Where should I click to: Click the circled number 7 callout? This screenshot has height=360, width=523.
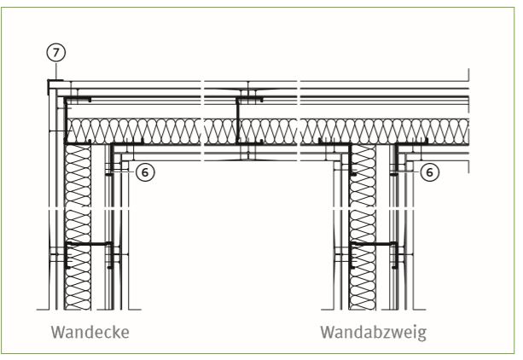(x=55, y=52)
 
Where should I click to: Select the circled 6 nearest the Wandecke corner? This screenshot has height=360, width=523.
(x=145, y=172)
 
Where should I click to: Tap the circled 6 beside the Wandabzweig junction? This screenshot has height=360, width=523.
(x=430, y=172)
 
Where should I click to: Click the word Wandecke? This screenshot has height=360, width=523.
(x=90, y=332)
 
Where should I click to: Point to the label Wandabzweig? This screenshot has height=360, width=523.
(x=373, y=333)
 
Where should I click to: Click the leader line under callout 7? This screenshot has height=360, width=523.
(x=56, y=71)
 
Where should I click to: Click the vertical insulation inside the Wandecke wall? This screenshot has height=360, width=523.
(x=78, y=227)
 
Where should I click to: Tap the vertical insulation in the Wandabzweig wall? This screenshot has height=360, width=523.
(x=363, y=227)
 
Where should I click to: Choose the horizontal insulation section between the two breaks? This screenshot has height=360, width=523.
(x=250, y=131)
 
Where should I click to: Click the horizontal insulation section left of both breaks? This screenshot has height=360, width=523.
(x=134, y=131)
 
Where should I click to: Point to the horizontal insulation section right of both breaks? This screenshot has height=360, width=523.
(x=385, y=131)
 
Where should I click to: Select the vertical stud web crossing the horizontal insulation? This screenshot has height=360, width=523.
(x=238, y=121)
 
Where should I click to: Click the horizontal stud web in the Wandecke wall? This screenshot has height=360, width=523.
(x=89, y=244)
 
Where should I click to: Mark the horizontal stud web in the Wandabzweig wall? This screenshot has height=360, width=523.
(x=373, y=244)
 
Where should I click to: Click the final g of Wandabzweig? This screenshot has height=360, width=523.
(x=422, y=335)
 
